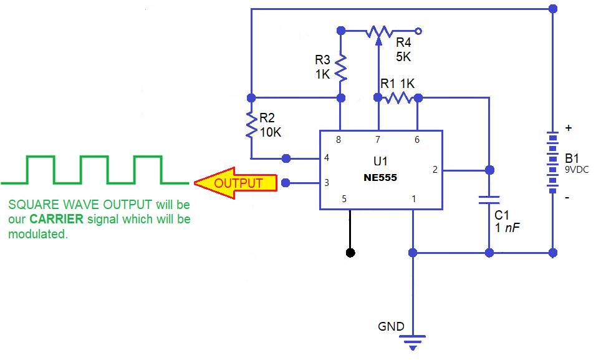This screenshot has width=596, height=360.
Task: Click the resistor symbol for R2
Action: tap(251, 126)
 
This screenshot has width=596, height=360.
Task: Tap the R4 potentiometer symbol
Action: tap(379, 31)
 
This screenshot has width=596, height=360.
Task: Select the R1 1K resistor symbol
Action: tap(398, 97)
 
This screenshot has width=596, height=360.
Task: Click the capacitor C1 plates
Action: tap(489, 200)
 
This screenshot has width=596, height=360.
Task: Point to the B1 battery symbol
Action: tap(552, 162)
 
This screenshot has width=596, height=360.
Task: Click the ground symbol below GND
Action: tap(412, 341)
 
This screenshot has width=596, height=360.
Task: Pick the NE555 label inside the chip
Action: tap(380, 178)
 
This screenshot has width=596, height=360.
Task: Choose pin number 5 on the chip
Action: tap(343, 199)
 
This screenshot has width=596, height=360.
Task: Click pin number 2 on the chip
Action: tap(435, 169)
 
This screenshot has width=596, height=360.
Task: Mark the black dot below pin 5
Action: tap(350, 253)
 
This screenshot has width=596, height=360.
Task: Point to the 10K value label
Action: tap(271, 132)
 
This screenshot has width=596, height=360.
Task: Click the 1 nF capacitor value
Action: tap(507, 228)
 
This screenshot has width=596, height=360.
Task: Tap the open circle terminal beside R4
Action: tap(418, 30)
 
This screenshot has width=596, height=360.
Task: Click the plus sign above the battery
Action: tap(568, 128)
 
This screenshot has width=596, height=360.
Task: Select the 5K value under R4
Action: tap(403, 57)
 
